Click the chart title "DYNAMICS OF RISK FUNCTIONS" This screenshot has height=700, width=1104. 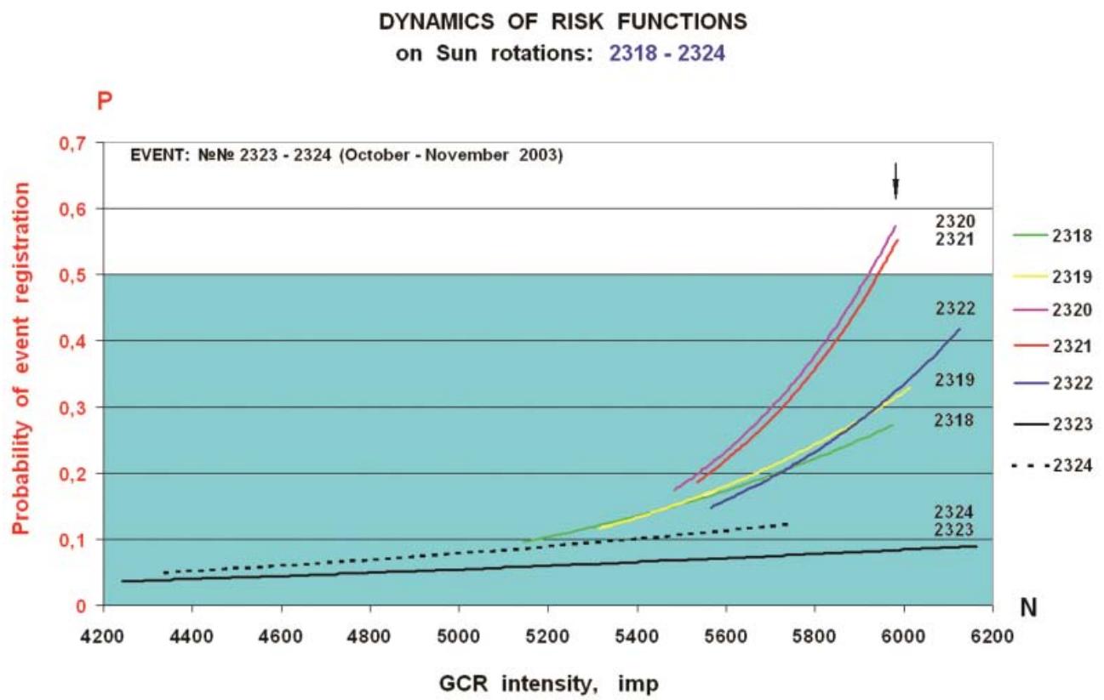552,20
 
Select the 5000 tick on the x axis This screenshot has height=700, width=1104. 459,635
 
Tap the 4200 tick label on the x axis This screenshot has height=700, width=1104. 103,635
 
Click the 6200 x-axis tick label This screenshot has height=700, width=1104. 992,635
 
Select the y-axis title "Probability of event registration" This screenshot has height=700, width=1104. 20,357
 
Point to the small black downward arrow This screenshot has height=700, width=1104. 895,179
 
